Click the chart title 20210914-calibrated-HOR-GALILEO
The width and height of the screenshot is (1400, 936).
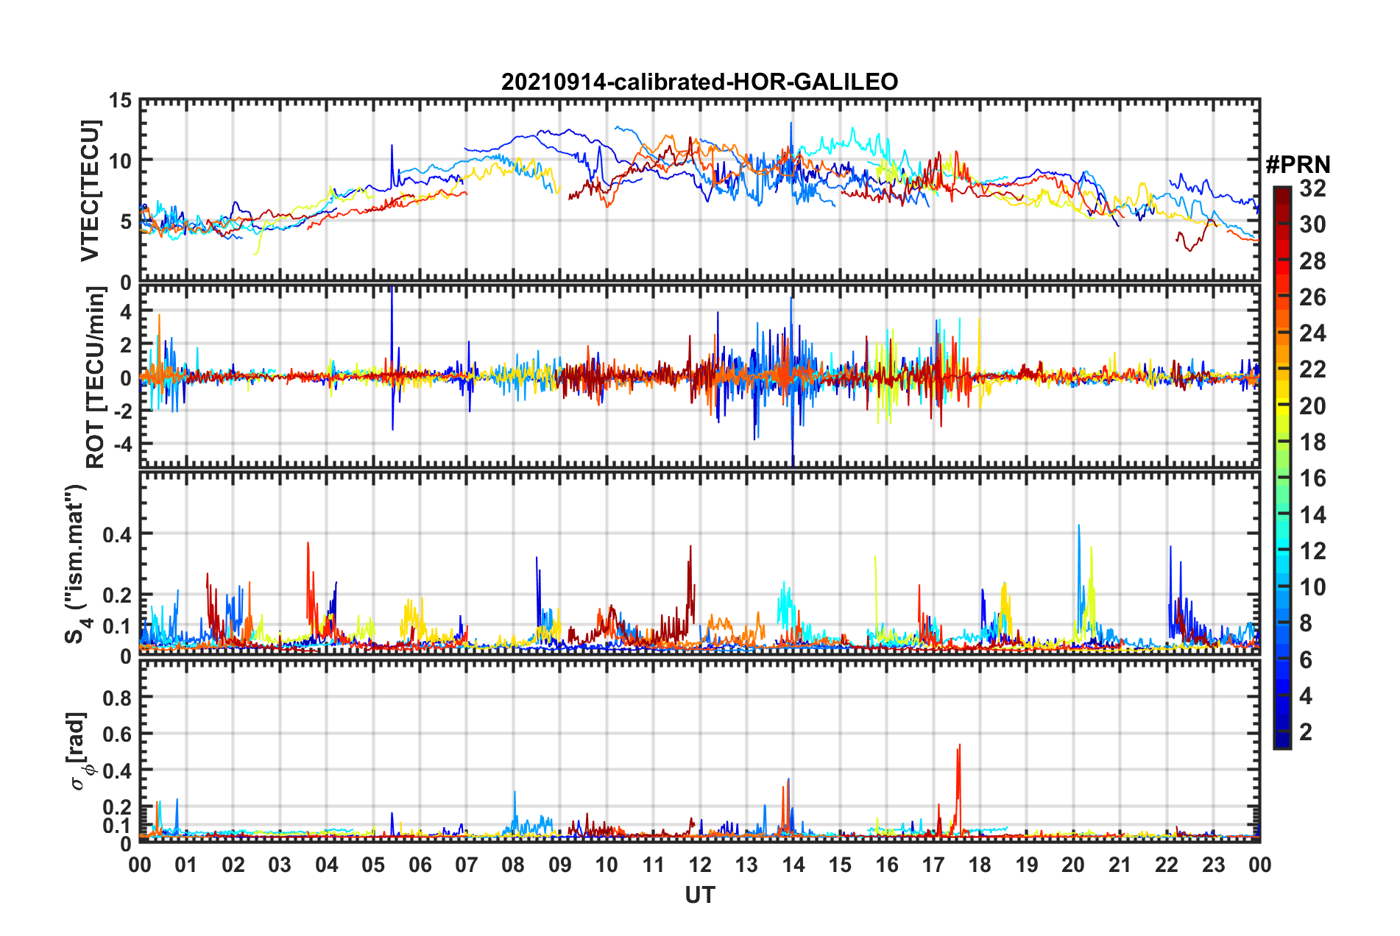pos(699,82)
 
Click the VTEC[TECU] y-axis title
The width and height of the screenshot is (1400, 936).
pos(90,191)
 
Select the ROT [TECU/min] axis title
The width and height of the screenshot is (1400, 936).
pos(95,377)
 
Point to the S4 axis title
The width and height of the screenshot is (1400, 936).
pos(76,563)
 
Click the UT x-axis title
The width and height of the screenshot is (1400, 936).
pos(699,895)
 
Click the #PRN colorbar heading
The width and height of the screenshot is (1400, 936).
pos(1298,165)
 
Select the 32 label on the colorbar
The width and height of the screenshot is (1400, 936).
pos(1312,188)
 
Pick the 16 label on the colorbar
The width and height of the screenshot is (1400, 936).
pos(1312,478)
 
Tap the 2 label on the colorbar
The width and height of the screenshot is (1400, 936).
pos(1306,731)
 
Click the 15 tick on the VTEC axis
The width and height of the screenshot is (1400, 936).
pos(120,100)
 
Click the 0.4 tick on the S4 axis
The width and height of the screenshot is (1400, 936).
pos(116,534)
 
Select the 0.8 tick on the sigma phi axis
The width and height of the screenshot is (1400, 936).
pos(116,697)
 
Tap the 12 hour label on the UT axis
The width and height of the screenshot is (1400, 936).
pos(700,865)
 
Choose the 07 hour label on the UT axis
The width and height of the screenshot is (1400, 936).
pos(467,865)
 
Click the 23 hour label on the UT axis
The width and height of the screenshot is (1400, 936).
pos(1213,865)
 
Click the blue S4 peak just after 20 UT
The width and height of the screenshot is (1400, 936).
pos(1079,527)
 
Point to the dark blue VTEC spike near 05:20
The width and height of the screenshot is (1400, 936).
pos(392,147)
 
